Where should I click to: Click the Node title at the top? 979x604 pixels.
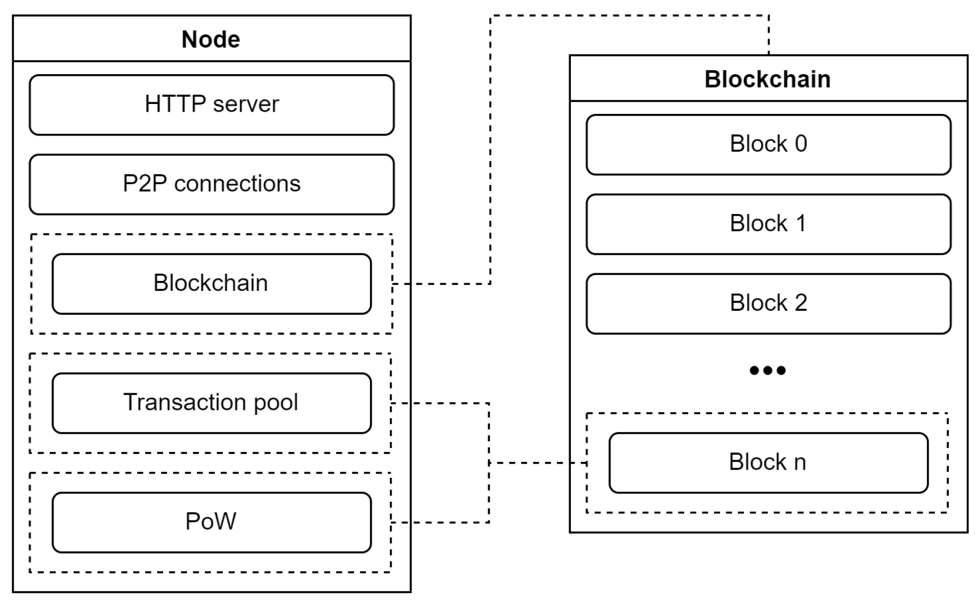[x=211, y=39]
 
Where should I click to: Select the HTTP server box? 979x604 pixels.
[x=211, y=105]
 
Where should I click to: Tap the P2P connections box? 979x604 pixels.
[x=211, y=184]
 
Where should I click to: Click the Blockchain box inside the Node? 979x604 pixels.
[x=211, y=284]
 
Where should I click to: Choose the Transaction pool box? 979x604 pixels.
[x=211, y=403]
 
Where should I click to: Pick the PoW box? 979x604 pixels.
[x=211, y=522]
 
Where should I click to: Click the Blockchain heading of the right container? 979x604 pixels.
[x=767, y=79]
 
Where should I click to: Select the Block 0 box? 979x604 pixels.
[x=768, y=144]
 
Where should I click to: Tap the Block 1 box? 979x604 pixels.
[x=768, y=224]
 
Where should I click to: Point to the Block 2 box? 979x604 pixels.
[x=768, y=303]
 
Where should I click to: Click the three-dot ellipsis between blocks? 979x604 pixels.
[x=767, y=370]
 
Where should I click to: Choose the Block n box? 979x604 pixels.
[x=768, y=462]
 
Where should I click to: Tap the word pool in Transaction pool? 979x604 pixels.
[x=275, y=403]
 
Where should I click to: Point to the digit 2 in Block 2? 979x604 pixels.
[x=801, y=303]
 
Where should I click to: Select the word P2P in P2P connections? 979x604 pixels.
[x=144, y=184]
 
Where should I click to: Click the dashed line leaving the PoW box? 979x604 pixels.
[x=442, y=522]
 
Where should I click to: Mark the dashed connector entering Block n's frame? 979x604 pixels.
[x=537, y=462]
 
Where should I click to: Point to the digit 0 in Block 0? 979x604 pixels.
[x=801, y=144]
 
